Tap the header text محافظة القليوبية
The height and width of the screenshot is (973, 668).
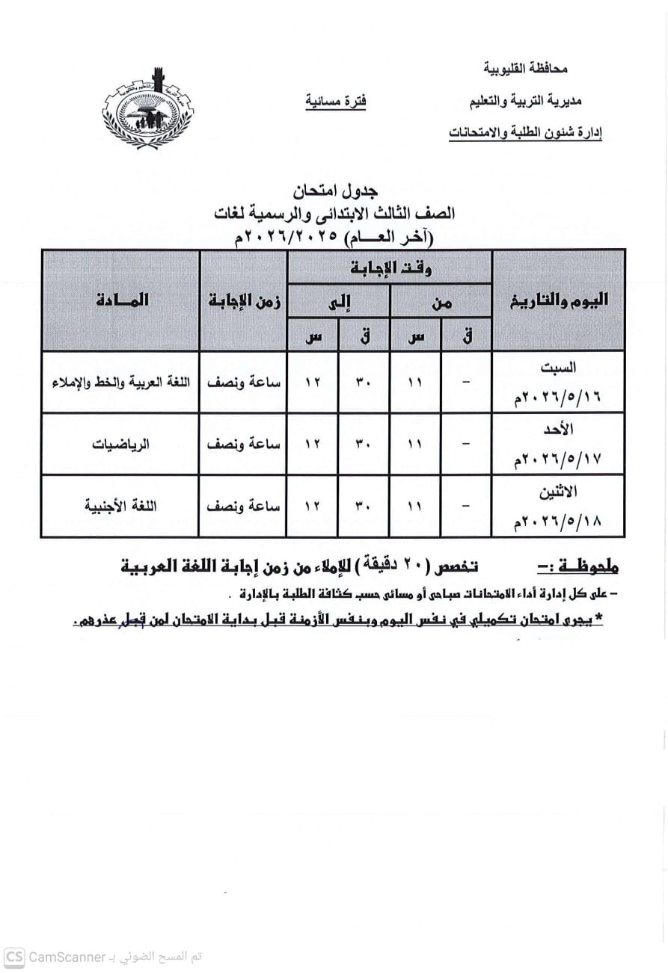[x=527, y=69]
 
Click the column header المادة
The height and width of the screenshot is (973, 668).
[x=121, y=300]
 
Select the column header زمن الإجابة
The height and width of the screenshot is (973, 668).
[x=244, y=300]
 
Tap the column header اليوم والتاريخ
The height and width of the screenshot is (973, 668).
[x=559, y=300]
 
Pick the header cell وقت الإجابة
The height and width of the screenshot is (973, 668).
[x=390, y=268]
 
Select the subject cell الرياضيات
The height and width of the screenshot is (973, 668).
[x=120, y=444]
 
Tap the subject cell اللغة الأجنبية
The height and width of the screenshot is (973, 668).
[x=120, y=506]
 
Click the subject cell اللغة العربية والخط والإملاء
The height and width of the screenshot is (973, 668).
[x=120, y=382]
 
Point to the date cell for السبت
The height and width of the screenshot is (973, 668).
[x=558, y=382]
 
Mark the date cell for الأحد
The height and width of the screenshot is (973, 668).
[x=558, y=444]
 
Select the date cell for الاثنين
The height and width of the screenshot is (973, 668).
[x=558, y=506]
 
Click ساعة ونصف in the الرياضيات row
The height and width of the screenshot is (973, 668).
[x=244, y=444]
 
